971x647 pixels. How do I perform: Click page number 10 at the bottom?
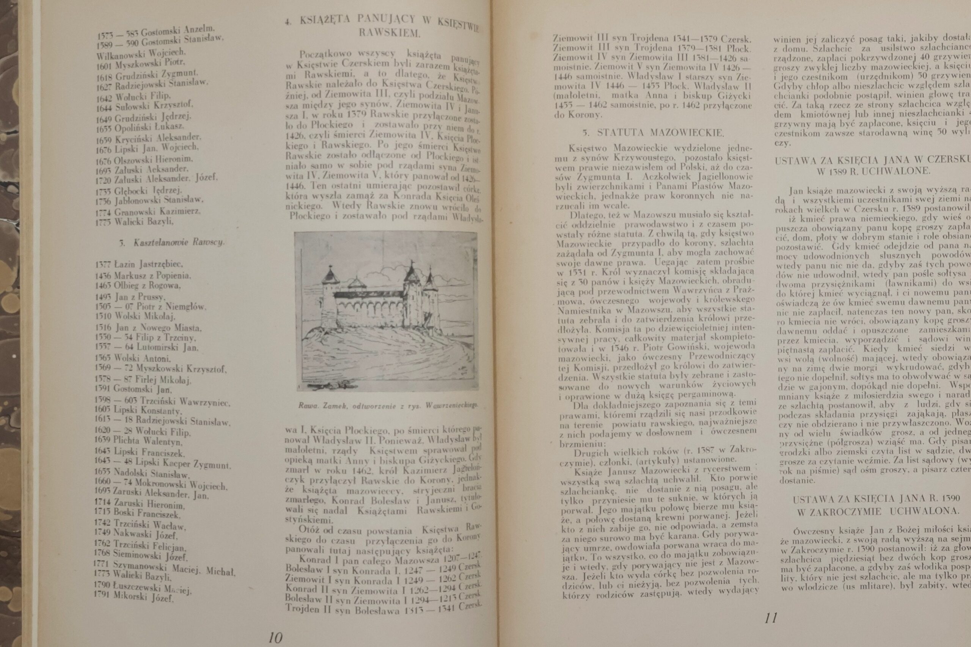pyautogui.click(x=275, y=638)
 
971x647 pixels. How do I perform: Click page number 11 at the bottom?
pyautogui.click(x=771, y=618)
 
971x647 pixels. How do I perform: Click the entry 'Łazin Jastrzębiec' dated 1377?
pyautogui.click(x=139, y=264)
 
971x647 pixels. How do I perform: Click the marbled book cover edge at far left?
pyautogui.click(x=9, y=289)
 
